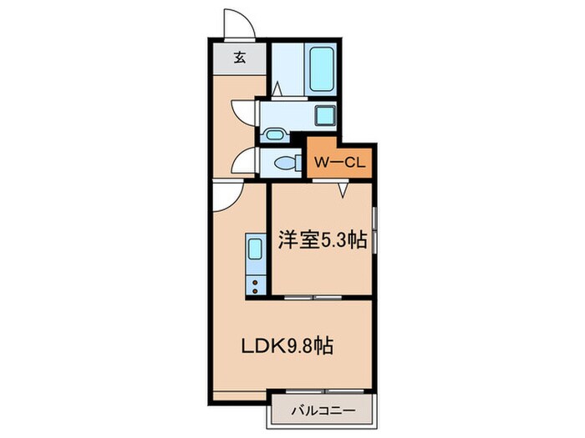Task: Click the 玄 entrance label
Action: click(240, 58)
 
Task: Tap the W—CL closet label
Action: click(340, 160)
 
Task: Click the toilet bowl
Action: click(285, 162)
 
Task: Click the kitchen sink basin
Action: click(254, 249)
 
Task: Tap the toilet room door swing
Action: click(245, 160)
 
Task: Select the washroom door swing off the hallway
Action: click(243, 113)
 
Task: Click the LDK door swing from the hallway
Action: click(226, 196)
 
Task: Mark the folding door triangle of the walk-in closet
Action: click(343, 189)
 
